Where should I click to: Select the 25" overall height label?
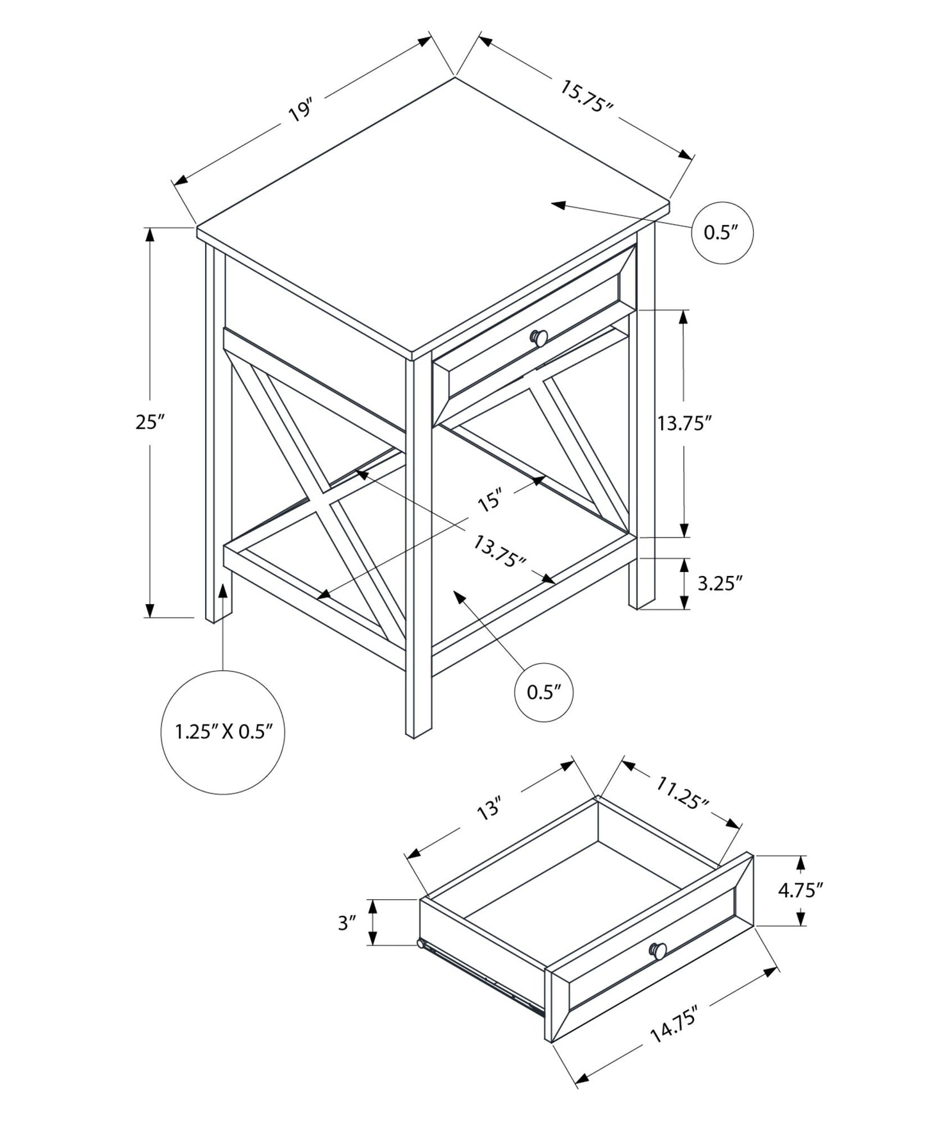(x=150, y=422)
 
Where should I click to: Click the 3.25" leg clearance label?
(x=719, y=583)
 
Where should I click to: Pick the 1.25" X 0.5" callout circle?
(x=223, y=732)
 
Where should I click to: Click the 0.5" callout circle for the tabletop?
(x=722, y=232)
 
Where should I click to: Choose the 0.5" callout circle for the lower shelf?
(x=544, y=692)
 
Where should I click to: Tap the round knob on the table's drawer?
(x=539, y=337)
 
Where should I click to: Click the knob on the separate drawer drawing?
(x=658, y=951)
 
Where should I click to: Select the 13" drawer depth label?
(x=488, y=809)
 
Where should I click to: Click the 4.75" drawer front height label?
(x=800, y=890)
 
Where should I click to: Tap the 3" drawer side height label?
(x=347, y=923)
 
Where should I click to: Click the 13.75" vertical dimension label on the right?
(x=684, y=423)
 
